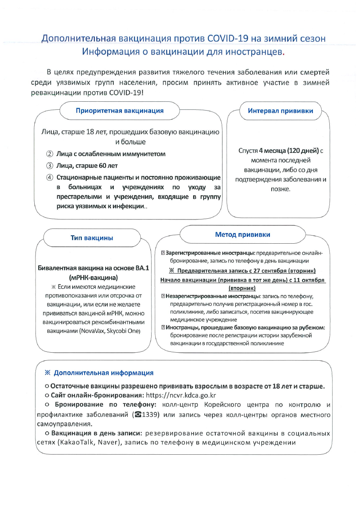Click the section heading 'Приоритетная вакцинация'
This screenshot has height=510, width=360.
[x=120, y=111]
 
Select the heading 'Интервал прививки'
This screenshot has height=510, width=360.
[x=280, y=111]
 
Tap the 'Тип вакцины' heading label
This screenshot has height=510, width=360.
[x=92, y=238]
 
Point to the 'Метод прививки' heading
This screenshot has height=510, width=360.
[x=243, y=234]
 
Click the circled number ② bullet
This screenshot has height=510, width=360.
[x=50, y=154]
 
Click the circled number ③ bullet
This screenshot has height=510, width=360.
[x=50, y=166]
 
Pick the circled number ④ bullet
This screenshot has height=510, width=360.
[x=50, y=178]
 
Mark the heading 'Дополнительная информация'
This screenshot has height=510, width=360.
[x=104, y=373]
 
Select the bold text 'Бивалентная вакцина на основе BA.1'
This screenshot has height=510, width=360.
[x=94, y=269]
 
